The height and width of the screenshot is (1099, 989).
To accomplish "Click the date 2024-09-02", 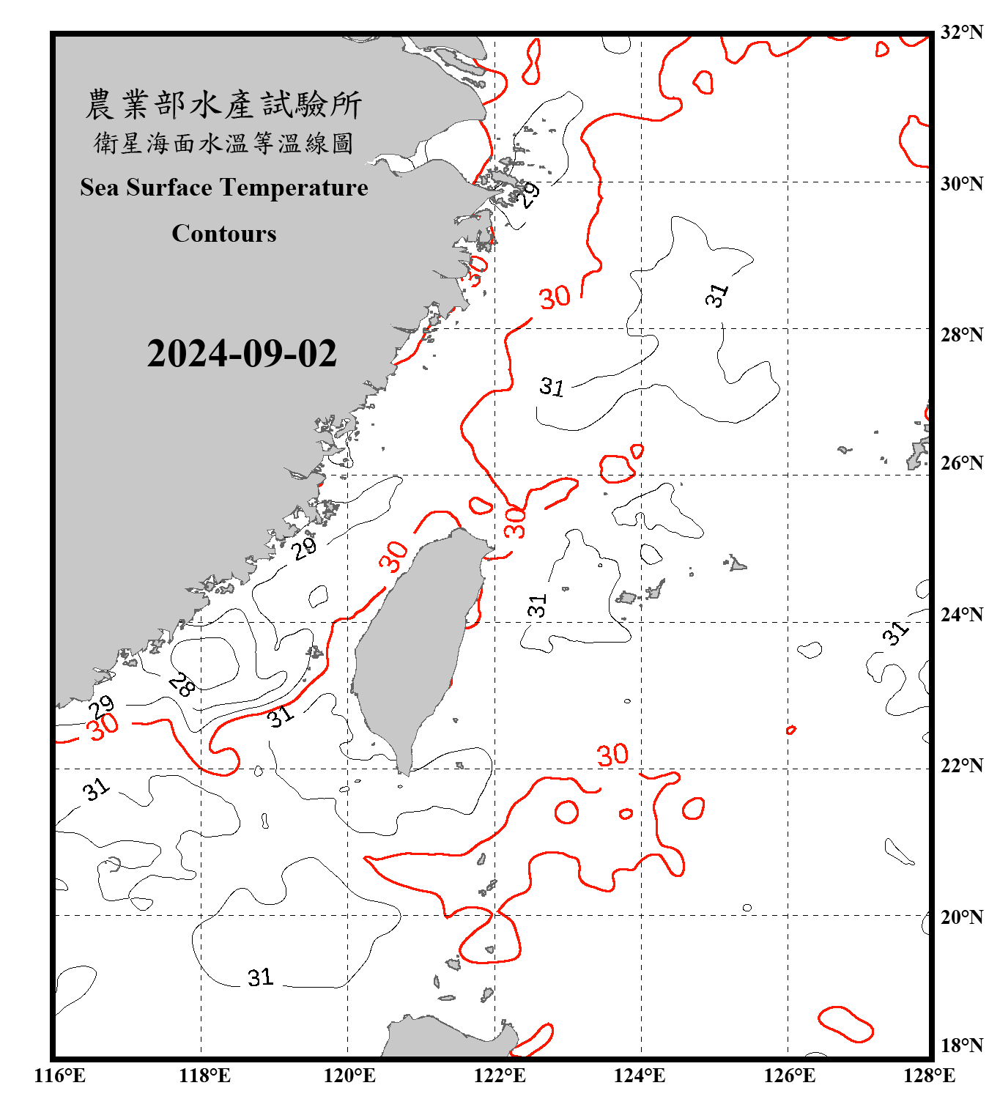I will (242, 354).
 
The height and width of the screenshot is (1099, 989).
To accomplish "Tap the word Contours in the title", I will (224, 234).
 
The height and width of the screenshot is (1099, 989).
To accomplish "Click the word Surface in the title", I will (169, 188).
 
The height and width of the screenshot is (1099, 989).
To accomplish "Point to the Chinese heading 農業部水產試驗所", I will (223, 105).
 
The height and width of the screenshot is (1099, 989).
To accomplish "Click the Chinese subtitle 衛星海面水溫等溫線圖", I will (223, 143).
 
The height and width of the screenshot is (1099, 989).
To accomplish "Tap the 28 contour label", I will (182, 685).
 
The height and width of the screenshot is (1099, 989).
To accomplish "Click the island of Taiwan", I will (414, 645).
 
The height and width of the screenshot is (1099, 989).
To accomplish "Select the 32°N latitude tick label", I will (961, 32).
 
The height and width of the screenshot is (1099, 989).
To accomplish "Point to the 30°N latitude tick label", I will (961, 184).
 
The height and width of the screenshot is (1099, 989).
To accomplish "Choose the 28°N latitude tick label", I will (961, 335).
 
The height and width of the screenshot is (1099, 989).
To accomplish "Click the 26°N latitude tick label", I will (961, 463).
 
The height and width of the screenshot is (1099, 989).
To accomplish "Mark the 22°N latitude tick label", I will (961, 766).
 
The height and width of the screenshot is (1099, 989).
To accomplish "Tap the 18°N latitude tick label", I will (961, 1046).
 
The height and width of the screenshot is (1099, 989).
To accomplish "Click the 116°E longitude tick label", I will (59, 1076).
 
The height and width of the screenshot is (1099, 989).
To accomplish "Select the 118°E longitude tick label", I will (204, 1076).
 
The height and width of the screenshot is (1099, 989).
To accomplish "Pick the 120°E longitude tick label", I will (349, 1076).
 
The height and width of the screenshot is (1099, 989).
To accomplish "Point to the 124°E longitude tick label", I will (640, 1076).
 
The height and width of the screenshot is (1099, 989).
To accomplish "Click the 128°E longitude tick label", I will (929, 1076).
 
